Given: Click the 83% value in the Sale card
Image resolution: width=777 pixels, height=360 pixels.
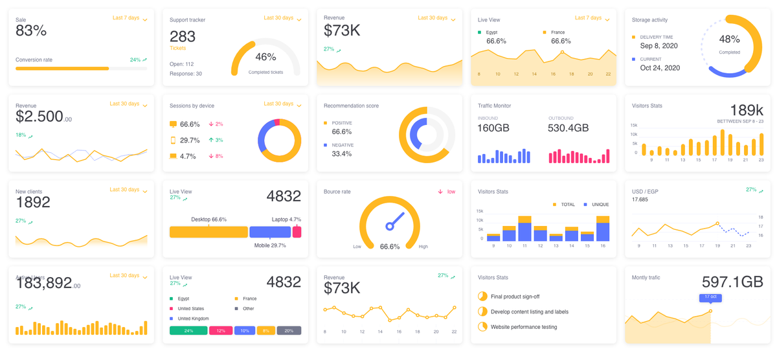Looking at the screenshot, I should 31,31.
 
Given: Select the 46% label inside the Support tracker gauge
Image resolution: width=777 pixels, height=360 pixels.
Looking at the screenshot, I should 265,57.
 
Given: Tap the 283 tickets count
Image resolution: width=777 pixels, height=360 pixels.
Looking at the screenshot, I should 183,36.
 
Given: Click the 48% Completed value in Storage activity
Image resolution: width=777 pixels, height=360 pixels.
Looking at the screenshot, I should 729,39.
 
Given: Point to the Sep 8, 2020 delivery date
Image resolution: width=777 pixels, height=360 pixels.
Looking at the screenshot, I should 659,46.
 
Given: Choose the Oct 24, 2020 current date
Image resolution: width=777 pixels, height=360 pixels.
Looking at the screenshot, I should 660,67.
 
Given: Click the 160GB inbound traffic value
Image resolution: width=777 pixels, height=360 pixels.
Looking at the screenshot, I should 493,128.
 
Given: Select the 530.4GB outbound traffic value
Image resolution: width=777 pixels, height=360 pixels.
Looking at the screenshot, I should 568,128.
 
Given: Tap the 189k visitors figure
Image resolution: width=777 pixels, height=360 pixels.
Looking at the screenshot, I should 747,110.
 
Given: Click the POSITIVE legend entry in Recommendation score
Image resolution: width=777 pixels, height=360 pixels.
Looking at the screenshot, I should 341,122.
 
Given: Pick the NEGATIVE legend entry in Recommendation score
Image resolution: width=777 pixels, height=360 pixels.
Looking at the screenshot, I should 342,145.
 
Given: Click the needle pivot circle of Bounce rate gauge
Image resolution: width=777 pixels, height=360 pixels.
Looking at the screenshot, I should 390,226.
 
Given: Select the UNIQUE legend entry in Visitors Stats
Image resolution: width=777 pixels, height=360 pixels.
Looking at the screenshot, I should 596,205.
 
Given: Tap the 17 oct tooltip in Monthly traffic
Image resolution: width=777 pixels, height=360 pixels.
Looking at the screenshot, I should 710,297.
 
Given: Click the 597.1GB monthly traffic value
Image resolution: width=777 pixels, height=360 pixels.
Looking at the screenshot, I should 732,282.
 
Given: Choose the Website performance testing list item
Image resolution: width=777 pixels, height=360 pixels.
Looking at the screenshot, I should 524,327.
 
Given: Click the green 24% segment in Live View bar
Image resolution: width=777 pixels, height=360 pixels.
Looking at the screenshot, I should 188,330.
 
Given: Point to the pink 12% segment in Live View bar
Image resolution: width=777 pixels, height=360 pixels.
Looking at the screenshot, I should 221,330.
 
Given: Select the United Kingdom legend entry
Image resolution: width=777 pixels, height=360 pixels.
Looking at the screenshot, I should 193,319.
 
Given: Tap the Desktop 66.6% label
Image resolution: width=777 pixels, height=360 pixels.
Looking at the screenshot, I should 208,219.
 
